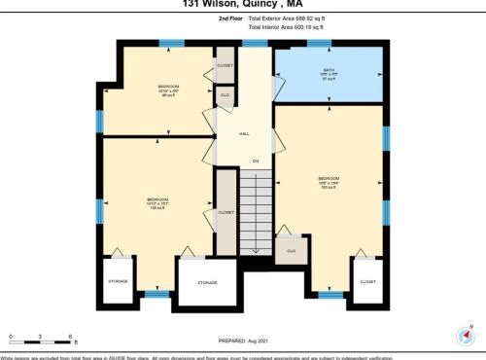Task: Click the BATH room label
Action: click(328, 70)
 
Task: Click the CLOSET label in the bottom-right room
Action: click(366, 281)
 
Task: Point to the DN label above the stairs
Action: click(256, 160)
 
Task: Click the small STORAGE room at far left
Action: click(117, 281)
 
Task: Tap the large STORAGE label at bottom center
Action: click(207, 282)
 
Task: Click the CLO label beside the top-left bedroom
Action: click(225, 94)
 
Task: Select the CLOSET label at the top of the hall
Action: click(225, 65)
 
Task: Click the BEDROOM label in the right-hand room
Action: click(328, 179)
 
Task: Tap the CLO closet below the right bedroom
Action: click(290, 251)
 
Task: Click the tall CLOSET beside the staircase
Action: click(226, 210)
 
